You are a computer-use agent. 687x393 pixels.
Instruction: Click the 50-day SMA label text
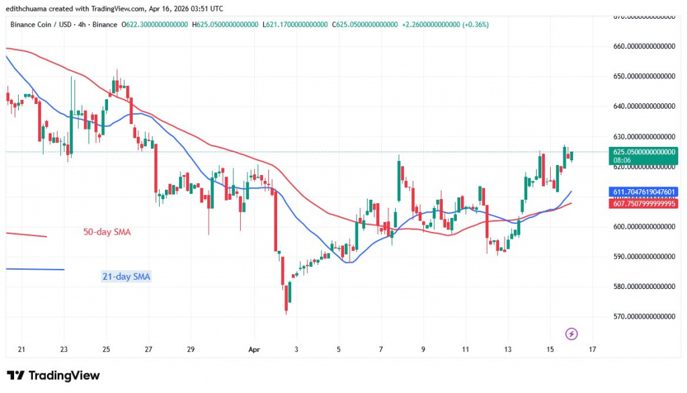(107, 232)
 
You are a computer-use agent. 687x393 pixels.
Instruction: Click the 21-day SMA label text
(127, 276)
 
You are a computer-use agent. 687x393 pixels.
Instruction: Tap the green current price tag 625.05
(643, 156)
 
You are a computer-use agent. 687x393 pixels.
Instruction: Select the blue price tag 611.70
(643, 192)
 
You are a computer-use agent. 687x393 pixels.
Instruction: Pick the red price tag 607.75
(643, 203)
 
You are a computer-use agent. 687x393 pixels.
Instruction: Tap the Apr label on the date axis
(254, 349)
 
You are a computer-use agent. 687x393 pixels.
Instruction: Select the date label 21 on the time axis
(21, 349)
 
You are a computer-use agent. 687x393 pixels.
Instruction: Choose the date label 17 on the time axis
(592, 349)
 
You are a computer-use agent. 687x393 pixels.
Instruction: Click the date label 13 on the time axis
(507, 349)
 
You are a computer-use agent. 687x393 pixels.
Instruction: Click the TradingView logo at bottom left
(53, 375)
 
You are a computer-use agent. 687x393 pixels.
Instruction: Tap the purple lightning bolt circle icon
(571, 333)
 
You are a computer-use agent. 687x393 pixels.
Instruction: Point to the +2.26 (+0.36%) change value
(445, 25)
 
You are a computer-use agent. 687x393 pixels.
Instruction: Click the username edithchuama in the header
(32, 7)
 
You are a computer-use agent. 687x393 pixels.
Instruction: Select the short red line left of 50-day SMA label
(25, 235)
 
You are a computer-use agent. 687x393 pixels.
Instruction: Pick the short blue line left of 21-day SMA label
(34, 269)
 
